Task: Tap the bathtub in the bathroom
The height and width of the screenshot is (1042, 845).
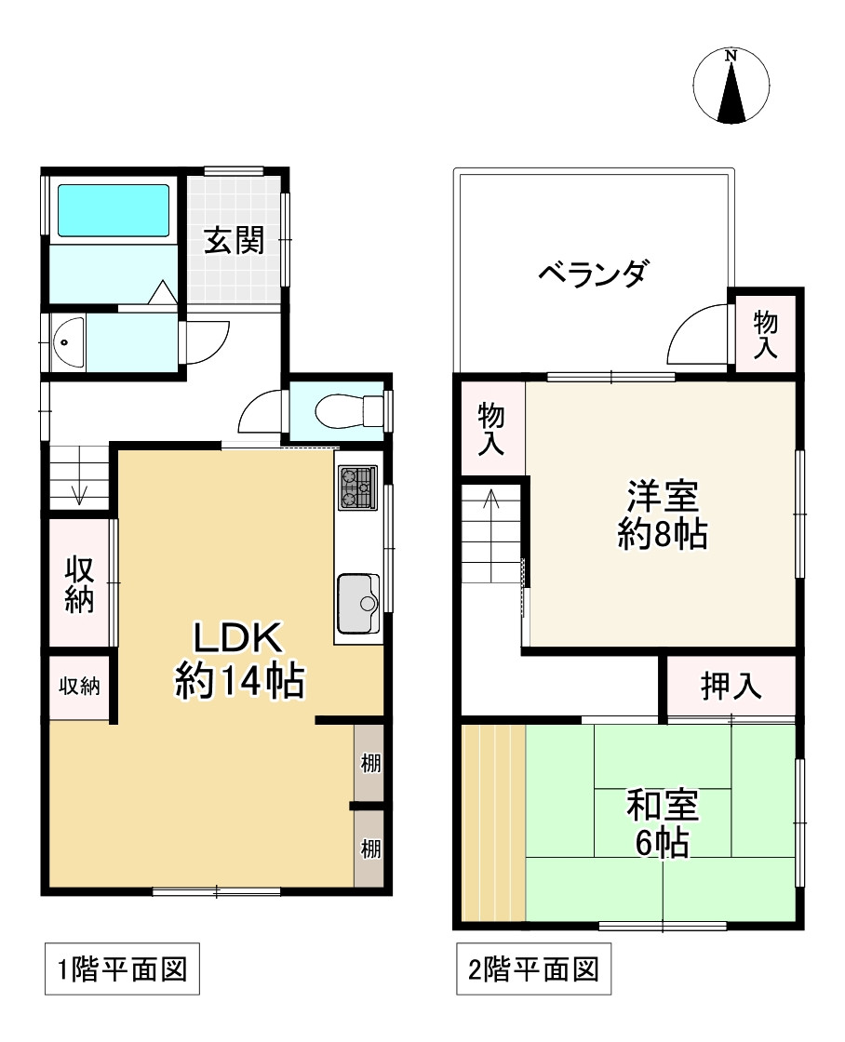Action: pos(114,210)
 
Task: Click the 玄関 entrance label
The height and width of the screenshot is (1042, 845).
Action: pos(235,240)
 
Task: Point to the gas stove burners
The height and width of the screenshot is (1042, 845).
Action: pos(356,487)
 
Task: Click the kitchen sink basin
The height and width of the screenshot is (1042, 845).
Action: pos(357,604)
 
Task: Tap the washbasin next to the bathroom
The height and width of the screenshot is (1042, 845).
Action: pos(68,343)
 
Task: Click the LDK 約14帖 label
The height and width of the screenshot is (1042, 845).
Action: pos(238,661)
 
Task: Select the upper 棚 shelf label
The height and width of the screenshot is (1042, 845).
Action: pos(369,765)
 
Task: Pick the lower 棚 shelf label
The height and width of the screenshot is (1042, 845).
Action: pos(369,848)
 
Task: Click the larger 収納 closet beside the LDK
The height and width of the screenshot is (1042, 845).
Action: pos(80,584)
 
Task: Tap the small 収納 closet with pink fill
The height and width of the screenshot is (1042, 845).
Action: pos(80,687)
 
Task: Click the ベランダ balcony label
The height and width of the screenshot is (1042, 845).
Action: pos(593,274)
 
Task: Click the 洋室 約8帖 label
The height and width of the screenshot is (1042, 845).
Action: pos(662,514)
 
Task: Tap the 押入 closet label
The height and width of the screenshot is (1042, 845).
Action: pos(731,687)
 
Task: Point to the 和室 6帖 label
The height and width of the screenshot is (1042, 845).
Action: pos(662,822)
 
